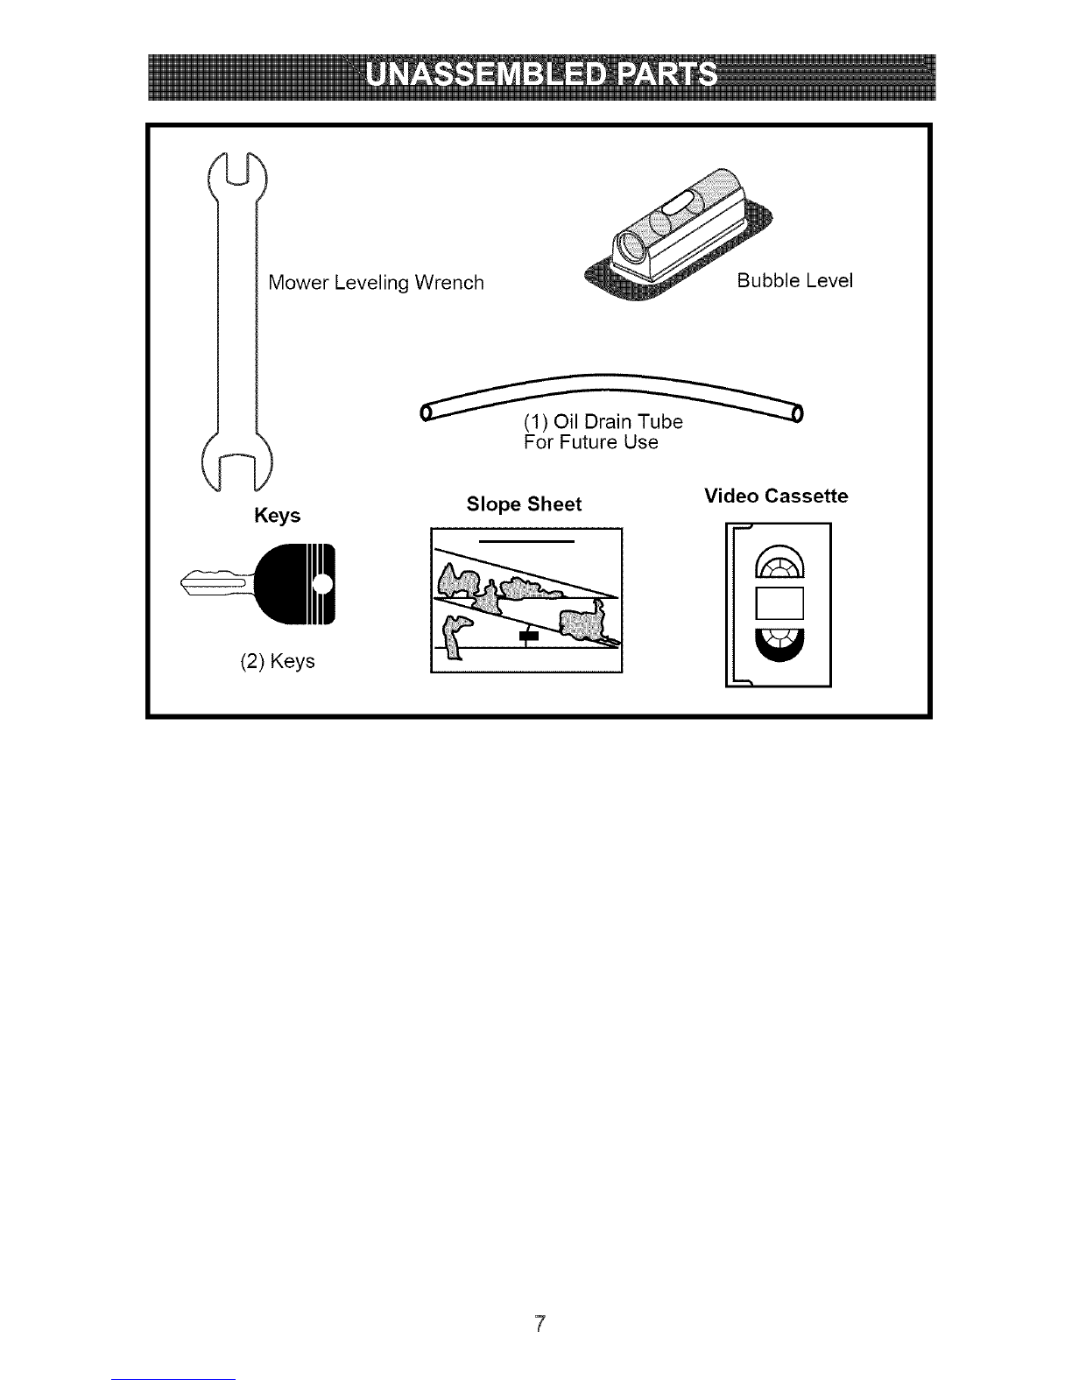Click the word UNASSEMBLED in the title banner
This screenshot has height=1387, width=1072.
[484, 74]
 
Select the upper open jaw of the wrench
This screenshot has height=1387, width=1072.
[237, 175]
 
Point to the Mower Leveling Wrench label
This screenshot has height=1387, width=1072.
[376, 282]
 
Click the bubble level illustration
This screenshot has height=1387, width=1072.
[679, 235]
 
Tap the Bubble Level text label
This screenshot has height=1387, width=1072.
[795, 280]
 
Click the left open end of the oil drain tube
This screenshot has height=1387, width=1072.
[426, 413]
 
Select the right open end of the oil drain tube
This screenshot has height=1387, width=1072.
[797, 413]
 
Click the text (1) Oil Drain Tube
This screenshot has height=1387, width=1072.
[603, 421]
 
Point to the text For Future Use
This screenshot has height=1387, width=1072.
[590, 441]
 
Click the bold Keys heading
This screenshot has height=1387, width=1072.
[277, 515]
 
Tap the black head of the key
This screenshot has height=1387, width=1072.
[295, 584]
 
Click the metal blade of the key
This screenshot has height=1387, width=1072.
[217, 583]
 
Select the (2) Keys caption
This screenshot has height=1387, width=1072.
[278, 660]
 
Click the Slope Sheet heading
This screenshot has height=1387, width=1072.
[525, 504]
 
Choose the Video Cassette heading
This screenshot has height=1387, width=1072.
[776, 496]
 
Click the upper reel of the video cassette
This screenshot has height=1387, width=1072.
[779, 562]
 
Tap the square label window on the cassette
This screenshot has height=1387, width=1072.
[779, 604]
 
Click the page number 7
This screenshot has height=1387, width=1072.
[540, 1324]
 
